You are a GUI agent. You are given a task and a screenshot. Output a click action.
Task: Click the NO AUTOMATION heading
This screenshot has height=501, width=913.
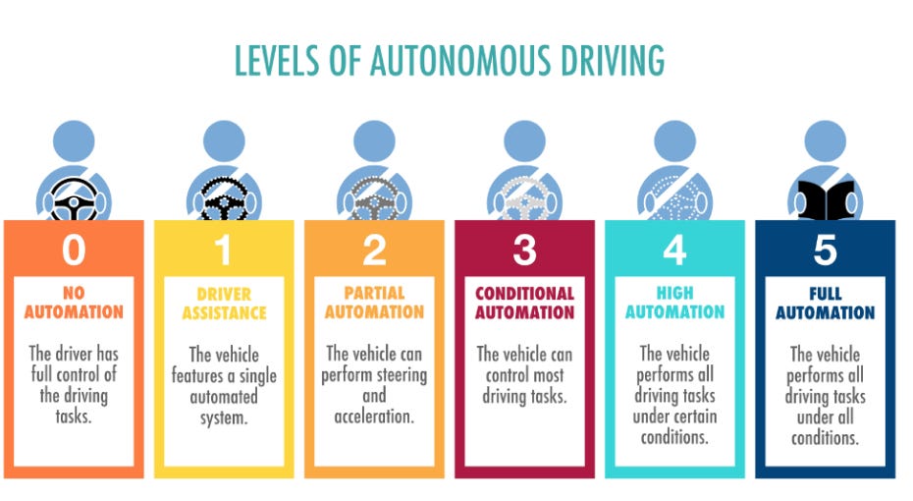74,303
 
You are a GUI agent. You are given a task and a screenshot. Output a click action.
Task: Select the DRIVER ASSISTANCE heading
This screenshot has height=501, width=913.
224,304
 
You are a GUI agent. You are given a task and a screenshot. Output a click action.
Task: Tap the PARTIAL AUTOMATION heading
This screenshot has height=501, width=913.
374,303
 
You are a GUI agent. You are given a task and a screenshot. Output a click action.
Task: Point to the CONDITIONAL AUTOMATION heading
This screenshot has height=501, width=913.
524,303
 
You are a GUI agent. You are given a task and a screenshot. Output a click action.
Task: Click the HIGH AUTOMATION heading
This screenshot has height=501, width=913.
674,303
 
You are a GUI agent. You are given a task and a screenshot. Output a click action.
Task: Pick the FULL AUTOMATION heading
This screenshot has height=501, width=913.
825,304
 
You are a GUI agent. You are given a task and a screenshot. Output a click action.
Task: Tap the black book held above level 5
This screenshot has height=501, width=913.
825,202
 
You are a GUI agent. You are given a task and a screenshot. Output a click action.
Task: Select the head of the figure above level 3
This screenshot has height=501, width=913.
524,140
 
